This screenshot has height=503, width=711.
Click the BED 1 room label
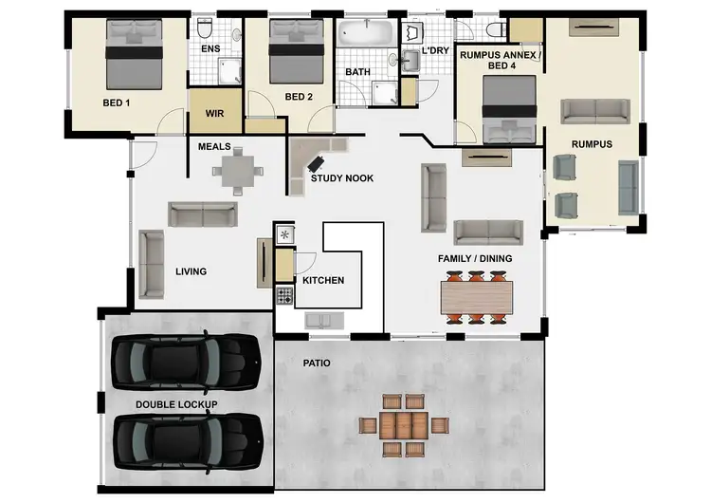116,102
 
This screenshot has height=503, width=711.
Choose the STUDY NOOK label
342,177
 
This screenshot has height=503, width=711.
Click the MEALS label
214,147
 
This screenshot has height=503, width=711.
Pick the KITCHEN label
322,280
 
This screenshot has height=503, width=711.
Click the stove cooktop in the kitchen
283,296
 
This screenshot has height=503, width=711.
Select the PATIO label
316,363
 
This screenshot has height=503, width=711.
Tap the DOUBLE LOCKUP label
176,405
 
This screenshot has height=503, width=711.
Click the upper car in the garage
186,361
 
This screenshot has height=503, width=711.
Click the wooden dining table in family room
478,297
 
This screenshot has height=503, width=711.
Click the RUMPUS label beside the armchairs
592,144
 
